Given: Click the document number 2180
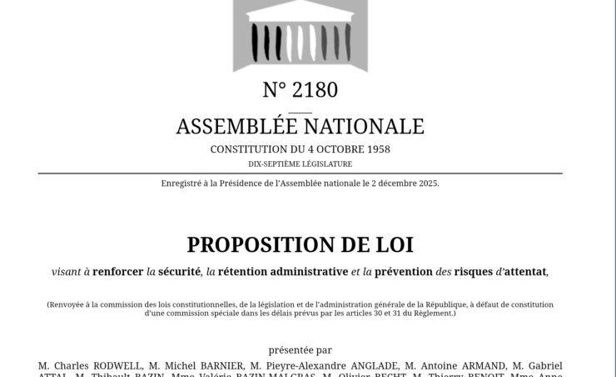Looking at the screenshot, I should pyautogui.click(x=314, y=89).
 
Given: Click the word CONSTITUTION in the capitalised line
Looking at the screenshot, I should pyautogui.click(x=248, y=149).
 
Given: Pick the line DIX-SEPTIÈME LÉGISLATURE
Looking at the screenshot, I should pyautogui.click(x=300, y=164).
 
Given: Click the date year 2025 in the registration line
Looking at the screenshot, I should pyautogui.click(x=425, y=183).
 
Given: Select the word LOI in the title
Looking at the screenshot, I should pyautogui.click(x=395, y=244).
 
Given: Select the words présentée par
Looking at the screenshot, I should pyautogui.click(x=300, y=350).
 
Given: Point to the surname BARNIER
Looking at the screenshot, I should pyautogui.click(x=219, y=365).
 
